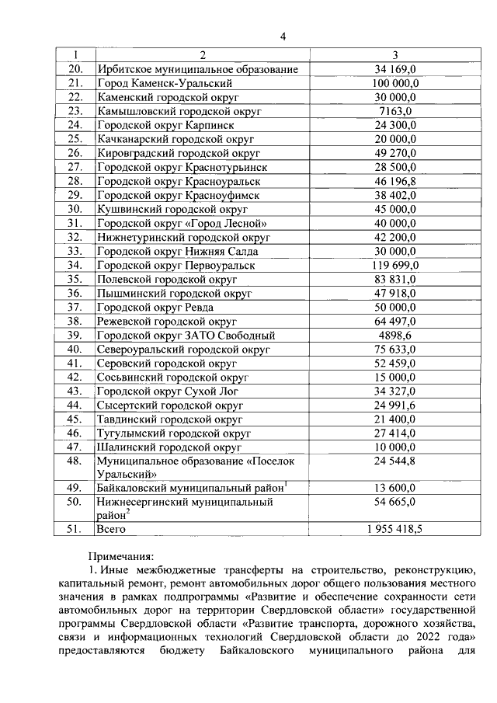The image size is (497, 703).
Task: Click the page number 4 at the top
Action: point(283,37)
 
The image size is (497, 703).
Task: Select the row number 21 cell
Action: point(75,83)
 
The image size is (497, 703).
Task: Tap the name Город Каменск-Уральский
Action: point(165,83)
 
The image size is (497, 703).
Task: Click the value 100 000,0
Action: point(396,83)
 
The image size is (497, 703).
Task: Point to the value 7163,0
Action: point(396,111)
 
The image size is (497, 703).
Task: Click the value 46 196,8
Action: point(396,181)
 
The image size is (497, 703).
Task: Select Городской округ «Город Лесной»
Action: point(182,223)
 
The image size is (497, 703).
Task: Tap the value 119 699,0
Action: point(396,265)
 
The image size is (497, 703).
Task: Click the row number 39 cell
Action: point(75,335)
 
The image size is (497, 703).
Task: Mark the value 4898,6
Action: point(396,335)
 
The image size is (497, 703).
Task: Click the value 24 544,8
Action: point(396,461)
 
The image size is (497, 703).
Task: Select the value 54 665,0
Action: point(396,503)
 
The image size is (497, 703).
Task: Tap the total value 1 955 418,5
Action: point(396,529)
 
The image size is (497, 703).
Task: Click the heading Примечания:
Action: point(121,555)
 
